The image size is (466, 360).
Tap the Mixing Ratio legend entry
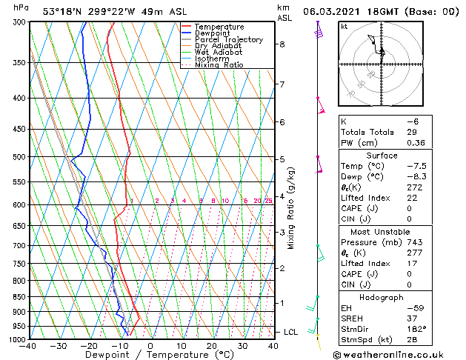click(x=219, y=65)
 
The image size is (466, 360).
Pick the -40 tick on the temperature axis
click(x=28, y=346)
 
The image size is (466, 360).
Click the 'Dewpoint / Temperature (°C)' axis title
click(x=150, y=355)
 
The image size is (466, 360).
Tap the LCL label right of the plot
click(x=290, y=332)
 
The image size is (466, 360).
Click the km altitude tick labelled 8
click(x=282, y=44)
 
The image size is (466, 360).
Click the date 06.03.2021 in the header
click(x=328, y=11)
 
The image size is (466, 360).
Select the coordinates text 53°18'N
click(x=62, y=11)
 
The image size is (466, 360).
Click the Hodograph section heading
click(x=382, y=297)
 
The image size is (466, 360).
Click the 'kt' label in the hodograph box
click(x=344, y=26)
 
